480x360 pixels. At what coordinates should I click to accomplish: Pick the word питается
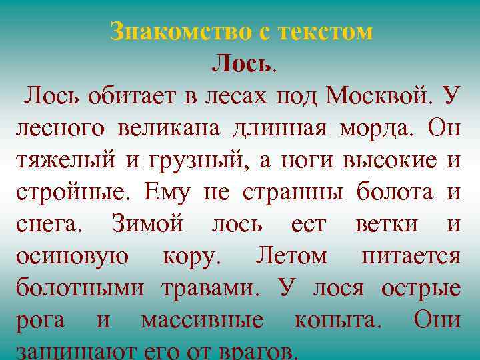(x=410, y=256)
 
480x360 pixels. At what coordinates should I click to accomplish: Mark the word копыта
(x=337, y=320)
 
